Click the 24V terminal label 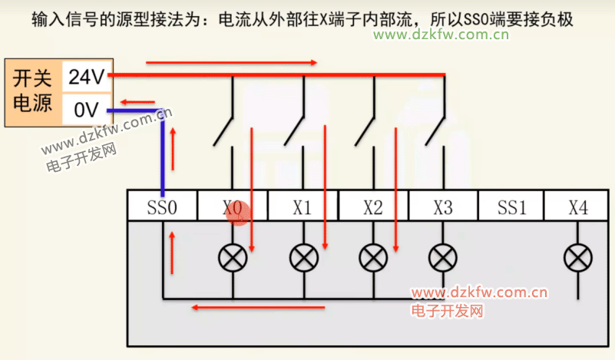(x=86, y=77)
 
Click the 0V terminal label (x=86, y=111)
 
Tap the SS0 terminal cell (x=163, y=206)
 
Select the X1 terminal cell (x=303, y=206)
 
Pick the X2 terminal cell (x=373, y=206)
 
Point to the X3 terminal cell (x=443, y=206)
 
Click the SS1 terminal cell (x=511, y=206)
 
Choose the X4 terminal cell (x=578, y=206)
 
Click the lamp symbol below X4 (x=578, y=256)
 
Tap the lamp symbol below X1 (x=303, y=256)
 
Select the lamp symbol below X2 (x=373, y=256)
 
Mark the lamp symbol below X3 (x=443, y=256)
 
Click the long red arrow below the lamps (x=258, y=308)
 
